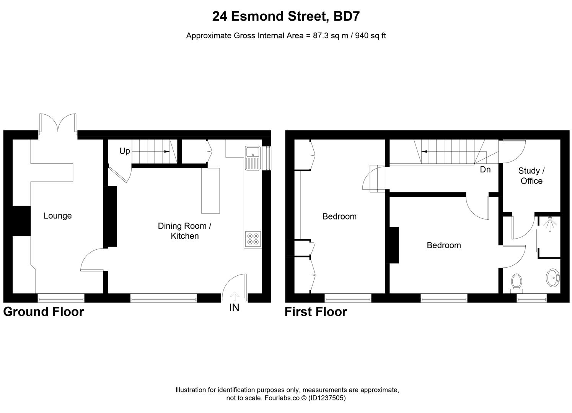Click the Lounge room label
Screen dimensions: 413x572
57,216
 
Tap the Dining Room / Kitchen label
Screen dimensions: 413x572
184,231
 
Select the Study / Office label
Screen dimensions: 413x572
531,176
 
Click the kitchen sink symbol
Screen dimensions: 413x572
253,158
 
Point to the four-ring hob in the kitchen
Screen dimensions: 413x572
253,239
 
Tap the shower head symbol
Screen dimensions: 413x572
549,224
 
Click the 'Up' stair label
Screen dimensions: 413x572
125,151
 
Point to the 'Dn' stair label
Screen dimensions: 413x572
485,169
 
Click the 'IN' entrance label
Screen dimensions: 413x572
234,307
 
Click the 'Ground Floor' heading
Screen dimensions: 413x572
44,312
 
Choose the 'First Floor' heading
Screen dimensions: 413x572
316,312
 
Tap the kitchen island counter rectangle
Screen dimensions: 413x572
211,190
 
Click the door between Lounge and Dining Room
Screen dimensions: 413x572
93,259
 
